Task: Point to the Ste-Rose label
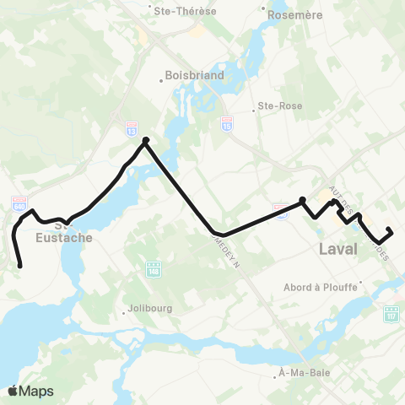[x=278, y=108]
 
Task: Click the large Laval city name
[x=338, y=249]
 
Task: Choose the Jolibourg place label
[x=152, y=309]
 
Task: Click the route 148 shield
[x=153, y=269]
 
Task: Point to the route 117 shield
[x=391, y=314]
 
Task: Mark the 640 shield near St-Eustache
[x=20, y=202]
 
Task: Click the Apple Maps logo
[x=30, y=391]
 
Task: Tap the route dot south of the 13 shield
[x=146, y=140]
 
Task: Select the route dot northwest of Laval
[x=302, y=200]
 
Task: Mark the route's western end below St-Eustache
[x=19, y=267]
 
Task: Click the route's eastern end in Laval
[x=389, y=229]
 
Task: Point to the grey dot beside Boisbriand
[x=161, y=82]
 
